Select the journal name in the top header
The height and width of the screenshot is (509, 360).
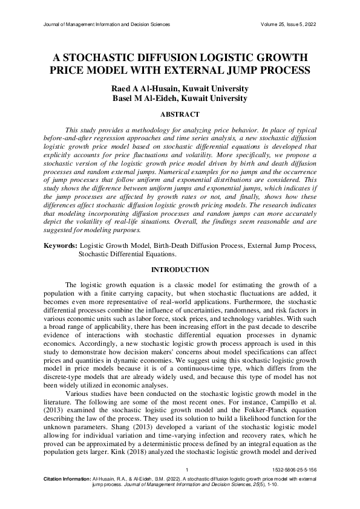107,24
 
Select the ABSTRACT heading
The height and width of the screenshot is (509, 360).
180,114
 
